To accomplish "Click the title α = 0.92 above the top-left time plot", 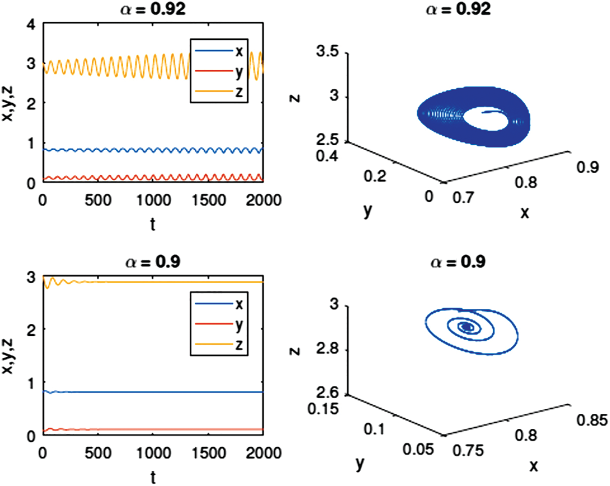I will [x=153, y=9].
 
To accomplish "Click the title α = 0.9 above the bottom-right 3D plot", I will [x=458, y=262].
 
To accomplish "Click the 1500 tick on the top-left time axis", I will [x=209, y=200].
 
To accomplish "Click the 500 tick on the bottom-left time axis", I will [x=98, y=453].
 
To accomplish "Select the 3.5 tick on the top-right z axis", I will [x=327, y=52].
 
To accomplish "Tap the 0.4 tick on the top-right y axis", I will [x=328, y=157].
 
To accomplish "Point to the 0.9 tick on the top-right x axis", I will [x=587, y=167].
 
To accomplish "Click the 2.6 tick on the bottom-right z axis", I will [x=327, y=393].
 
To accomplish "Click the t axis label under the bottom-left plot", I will [x=153, y=477].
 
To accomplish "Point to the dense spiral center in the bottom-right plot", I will [x=466, y=326].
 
